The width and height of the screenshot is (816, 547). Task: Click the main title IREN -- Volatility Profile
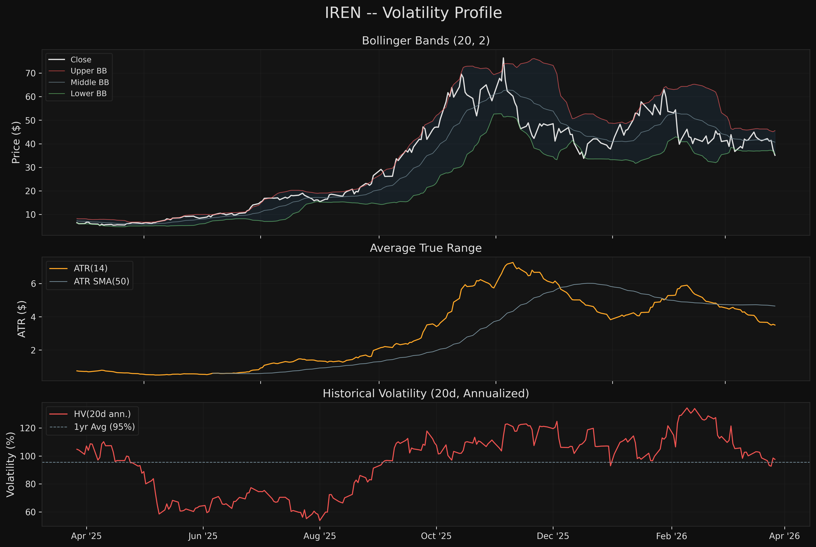(x=413, y=13)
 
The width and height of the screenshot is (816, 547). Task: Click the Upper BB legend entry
(x=88, y=71)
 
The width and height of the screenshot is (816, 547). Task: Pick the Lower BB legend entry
(x=88, y=93)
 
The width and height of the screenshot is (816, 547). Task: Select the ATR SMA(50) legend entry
(x=101, y=281)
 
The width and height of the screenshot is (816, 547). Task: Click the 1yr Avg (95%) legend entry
(x=104, y=427)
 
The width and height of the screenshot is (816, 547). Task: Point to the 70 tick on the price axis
(x=31, y=73)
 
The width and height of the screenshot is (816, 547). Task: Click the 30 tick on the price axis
(x=31, y=168)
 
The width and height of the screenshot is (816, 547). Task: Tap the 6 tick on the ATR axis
(x=33, y=284)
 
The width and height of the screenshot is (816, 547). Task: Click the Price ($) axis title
(x=16, y=142)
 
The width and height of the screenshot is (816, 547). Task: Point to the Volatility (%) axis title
(x=11, y=464)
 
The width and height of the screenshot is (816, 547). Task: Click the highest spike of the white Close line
(x=503, y=58)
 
